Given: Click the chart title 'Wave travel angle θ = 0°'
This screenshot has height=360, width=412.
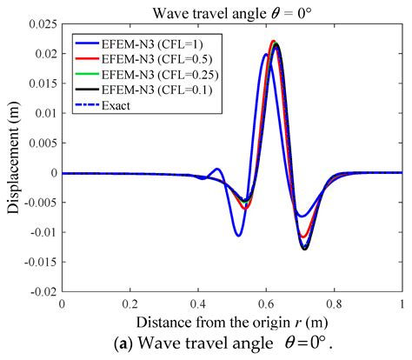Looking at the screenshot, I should [x=231, y=10].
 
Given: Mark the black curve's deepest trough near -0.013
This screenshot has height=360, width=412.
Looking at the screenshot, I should [x=305, y=250].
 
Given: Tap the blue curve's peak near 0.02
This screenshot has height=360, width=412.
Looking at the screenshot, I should [x=265, y=55].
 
